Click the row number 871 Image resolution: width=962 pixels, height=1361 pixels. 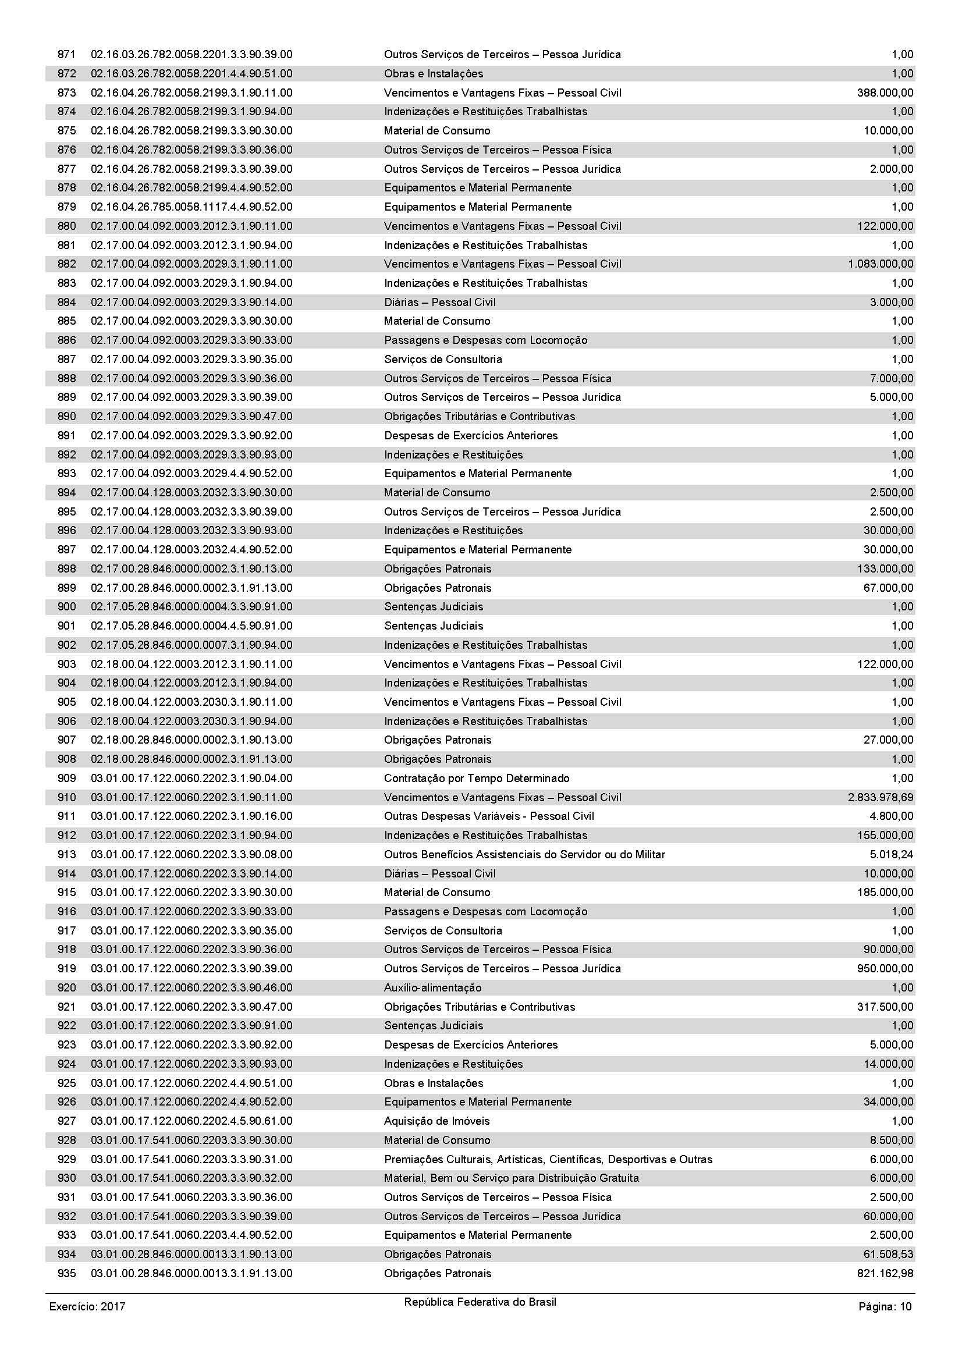66,55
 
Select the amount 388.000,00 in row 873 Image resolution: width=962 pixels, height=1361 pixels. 885,93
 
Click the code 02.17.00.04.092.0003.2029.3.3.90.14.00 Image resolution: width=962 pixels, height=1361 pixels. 191,303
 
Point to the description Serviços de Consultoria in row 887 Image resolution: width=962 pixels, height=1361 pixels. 443,359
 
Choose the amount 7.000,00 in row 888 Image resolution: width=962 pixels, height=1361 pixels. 892,378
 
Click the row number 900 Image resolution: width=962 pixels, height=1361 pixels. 66,606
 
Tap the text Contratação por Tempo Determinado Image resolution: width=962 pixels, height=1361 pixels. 477,778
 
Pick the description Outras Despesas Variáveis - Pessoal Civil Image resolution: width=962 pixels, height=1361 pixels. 489,816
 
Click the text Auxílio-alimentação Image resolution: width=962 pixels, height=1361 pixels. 432,987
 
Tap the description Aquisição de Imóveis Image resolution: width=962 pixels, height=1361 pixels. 437,1121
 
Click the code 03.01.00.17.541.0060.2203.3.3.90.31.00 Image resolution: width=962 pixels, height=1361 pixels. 191,1159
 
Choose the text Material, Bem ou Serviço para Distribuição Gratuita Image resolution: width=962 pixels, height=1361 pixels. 512,1178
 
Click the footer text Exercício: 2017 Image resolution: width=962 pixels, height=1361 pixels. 87,1306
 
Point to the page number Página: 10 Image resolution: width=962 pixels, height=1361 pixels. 885,1306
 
